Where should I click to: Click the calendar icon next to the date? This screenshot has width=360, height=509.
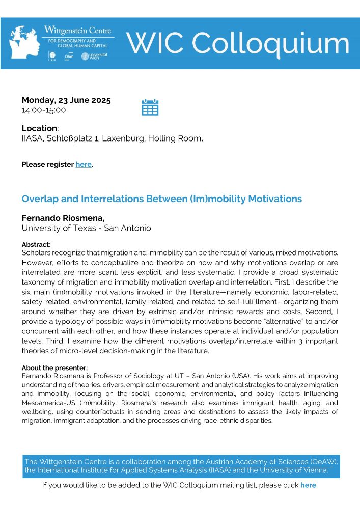pyautogui.click(x=150, y=107)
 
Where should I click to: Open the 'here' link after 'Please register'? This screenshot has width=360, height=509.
pyautogui.click(x=84, y=164)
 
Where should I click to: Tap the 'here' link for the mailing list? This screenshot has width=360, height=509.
pyautogui.click(x=308, y=485)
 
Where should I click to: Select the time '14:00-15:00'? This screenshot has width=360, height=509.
pyautogui.click(x=44, y=110)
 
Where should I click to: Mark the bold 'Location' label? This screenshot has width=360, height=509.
pyautogui.click(x=39, y=128)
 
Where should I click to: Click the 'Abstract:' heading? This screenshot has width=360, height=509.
pyautogui.click(x=36, y=244)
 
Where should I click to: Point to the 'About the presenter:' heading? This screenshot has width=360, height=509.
pyautogui.click(x=54, y=367)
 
